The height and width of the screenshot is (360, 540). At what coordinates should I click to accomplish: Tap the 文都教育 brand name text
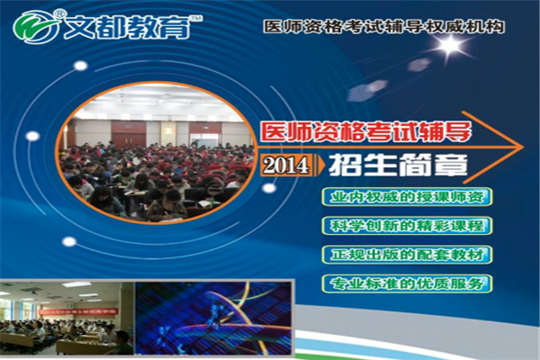127,27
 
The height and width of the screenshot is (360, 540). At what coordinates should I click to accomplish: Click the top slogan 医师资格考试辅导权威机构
383,26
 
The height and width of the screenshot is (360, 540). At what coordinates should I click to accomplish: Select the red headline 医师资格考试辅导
365,131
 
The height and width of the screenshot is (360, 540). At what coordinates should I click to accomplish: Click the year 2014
286,166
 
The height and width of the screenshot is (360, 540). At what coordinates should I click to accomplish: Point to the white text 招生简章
398,165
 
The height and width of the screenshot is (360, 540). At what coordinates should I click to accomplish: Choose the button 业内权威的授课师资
407,197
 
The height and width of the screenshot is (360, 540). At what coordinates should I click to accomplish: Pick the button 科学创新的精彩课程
407,226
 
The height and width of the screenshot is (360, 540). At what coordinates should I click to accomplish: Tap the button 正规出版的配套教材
407,255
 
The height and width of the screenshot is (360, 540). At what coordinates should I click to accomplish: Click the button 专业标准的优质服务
407,283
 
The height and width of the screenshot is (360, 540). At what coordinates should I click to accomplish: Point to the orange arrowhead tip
524,147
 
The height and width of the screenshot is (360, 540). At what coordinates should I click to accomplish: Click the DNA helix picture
213,318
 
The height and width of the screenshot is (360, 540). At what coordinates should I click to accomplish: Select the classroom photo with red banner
67,318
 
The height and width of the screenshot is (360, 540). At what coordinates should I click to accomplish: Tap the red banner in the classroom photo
78,311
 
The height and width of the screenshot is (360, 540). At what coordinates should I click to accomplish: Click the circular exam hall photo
156,153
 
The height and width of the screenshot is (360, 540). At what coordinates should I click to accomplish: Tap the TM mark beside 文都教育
196,17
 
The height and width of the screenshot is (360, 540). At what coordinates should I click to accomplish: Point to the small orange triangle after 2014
321,166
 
